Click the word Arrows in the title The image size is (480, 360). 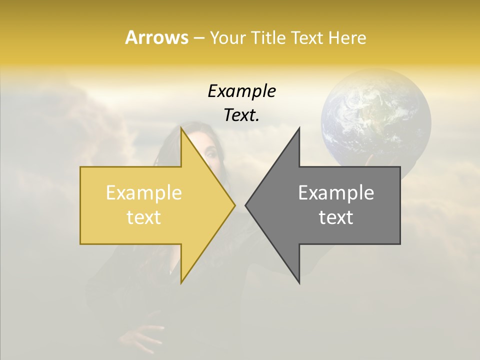click(156, 37)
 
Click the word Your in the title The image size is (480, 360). click(227, 37)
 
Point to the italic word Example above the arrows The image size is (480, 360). click(241, 91)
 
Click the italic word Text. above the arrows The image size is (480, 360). click(241, 115)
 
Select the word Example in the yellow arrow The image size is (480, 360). click(144, 192)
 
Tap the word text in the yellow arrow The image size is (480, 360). click(144, 217)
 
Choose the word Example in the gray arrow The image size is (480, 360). click(336, 192)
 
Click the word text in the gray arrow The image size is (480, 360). click(336, 217)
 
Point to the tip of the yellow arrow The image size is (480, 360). click(234, 205)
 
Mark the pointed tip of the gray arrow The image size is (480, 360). click(246, 205)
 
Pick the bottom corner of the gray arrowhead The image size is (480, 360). click(299, 282)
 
